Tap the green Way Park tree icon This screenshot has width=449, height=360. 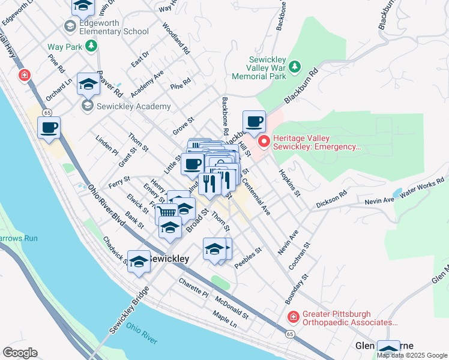[x=91, y=46]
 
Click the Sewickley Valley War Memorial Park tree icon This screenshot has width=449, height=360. [x=294, y=67]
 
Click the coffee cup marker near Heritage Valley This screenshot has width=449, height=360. [x=254, y=122]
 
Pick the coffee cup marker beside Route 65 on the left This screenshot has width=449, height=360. [x=49, y=127]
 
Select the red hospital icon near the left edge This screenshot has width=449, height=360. [x=24, y=75]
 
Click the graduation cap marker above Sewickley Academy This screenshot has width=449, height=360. [x=88, y=85]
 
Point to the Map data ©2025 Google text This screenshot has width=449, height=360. [x=412, y=355]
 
